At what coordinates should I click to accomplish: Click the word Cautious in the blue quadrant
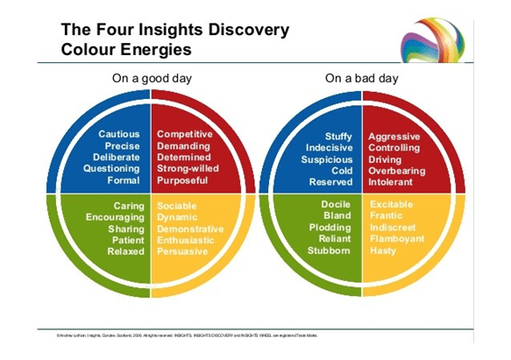[x=119, y=134]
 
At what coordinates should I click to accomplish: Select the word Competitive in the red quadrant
[x=184, y=134]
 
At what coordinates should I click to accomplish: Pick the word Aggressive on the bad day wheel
[x=394, y=137]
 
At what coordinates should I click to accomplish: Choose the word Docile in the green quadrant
[x=336, y=205]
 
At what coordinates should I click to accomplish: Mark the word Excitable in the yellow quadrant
[x=396, y=205]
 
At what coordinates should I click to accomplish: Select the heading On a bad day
[x=361, y=78]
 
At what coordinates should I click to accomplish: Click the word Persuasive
[x=182, y=251]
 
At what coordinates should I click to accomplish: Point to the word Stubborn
[x=329, y=251]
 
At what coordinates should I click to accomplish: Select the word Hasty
[x=384, y=251]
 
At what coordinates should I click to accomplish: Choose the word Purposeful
[x=184, y=180]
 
